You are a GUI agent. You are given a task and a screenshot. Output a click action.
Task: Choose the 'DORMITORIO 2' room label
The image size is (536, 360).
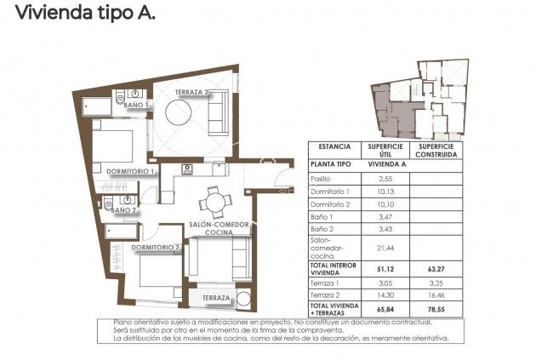coord(155,248)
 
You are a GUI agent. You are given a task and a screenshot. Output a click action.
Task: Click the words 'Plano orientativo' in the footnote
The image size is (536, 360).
coord(141,323)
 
